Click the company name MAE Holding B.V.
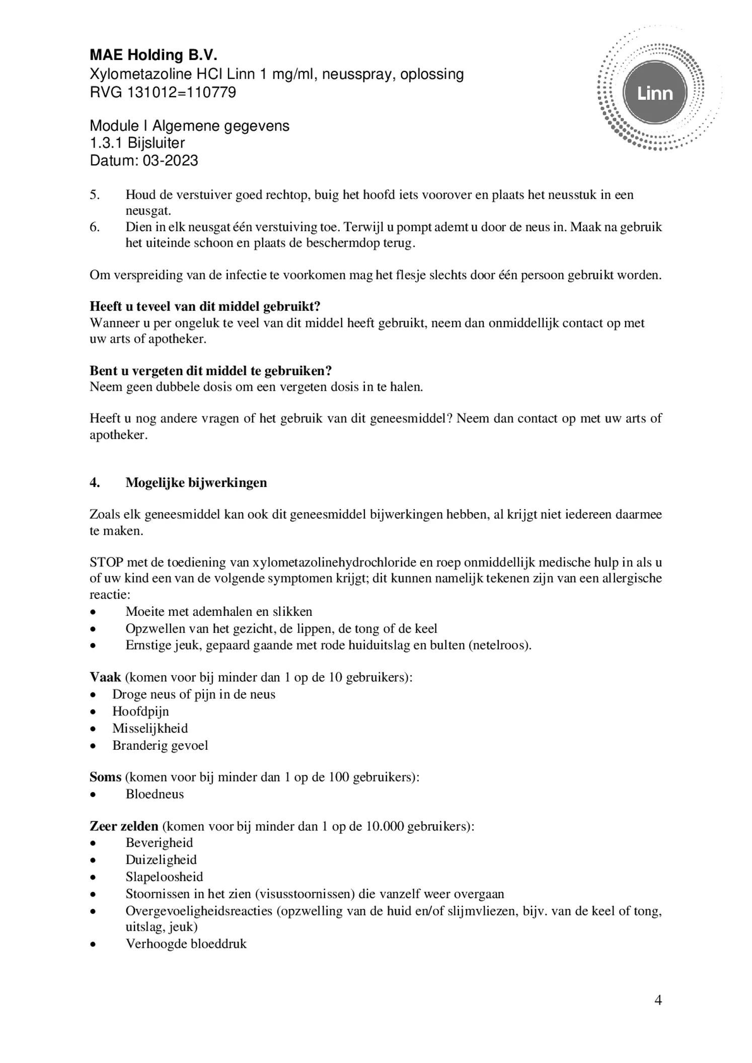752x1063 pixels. (x=154, y=55)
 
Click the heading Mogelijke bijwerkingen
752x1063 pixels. (x=196, y=482)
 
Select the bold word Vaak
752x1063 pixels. (x=105, y=677)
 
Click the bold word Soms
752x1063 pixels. (x=105, y=776)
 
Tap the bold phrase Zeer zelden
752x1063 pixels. (x=124, y=826)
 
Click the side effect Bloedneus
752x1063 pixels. (x=155, y=794)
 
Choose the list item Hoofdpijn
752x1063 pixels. (x=140, y=711)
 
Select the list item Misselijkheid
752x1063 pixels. (x=150, y=728)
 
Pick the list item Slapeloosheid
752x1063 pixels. (x=164, y=877)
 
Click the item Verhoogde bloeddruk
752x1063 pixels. (x=186, y=944)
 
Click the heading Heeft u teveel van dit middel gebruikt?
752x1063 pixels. (x=205, y=306)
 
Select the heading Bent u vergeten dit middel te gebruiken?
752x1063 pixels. (x=210, y=371)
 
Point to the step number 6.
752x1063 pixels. (x=94, y=227)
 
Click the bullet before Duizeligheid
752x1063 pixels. (x=93, y=861)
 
